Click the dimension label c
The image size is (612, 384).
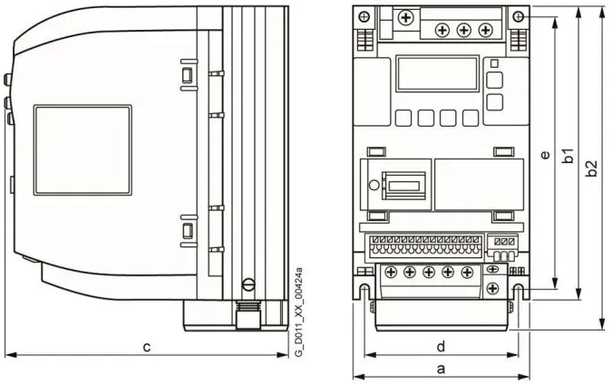[x=147, y=347]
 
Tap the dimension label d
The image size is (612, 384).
[x=441, y=346]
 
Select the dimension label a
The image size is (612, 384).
[x=441, y=369]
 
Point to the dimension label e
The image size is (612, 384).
[x=545, y=154]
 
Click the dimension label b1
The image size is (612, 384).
[x=569, y=155]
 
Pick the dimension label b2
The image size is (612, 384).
[x=592, y=168]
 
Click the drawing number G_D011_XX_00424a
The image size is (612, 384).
[x=298, y=312]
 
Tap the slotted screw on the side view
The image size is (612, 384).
[x=248, y=284]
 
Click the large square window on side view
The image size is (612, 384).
[x=83, y=150]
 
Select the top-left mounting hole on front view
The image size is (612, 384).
[x=364, y=17]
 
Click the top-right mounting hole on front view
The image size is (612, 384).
[x=519, y=16]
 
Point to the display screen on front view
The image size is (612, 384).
[x=437, y=73]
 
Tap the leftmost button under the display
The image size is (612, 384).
[x=403, y=118]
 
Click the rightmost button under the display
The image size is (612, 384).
[x=471, y=118]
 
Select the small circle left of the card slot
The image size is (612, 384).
[x=374, y=185]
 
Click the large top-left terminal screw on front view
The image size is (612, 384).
[x=406, y=17]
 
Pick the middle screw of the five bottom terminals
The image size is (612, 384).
[x=429, y=272]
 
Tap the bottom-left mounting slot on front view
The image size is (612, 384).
[x=364, y=292]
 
